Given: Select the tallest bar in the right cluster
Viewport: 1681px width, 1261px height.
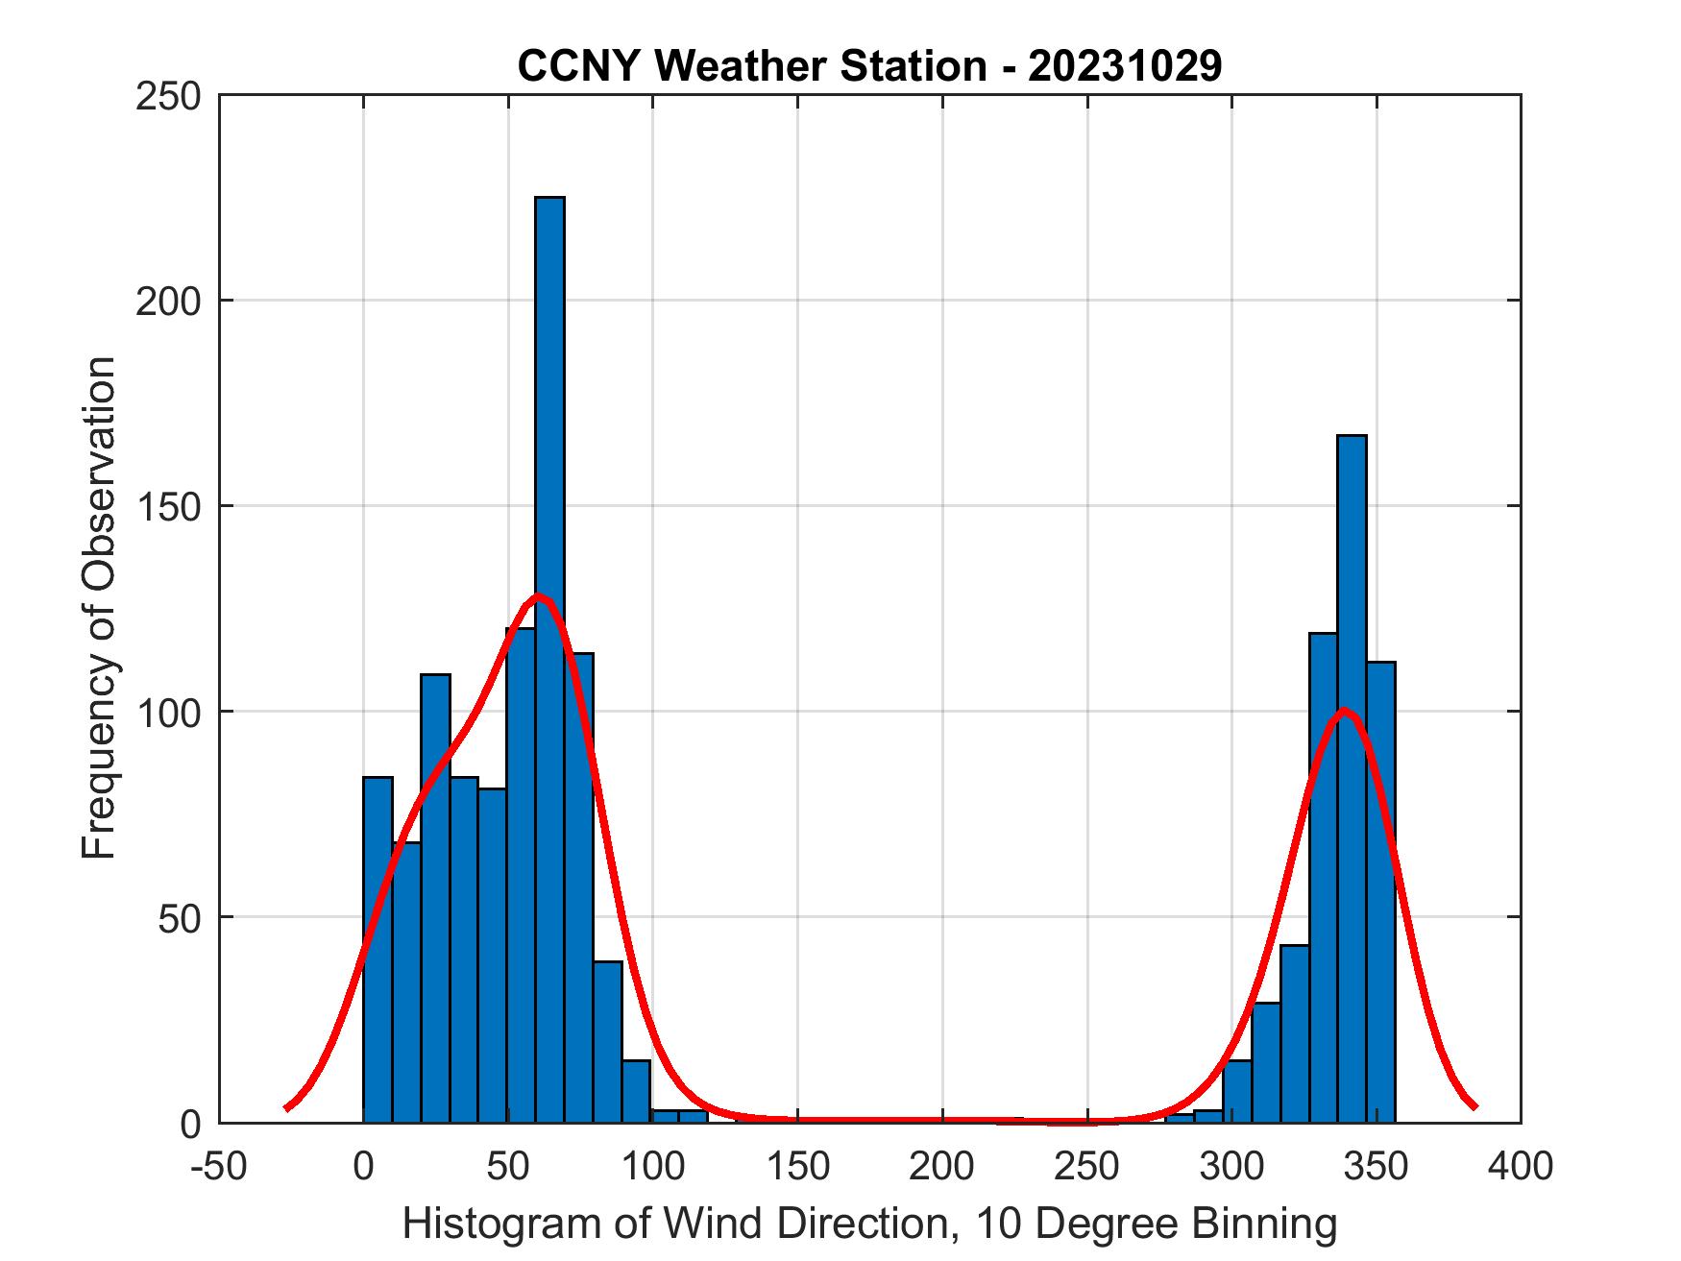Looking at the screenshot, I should [1352, 778].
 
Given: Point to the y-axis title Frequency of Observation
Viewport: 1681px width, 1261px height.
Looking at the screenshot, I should [99, 608].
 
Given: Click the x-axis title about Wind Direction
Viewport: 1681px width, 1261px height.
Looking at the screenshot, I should [868, 1224].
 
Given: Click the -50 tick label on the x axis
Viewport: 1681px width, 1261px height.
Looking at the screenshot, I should [220, 1166].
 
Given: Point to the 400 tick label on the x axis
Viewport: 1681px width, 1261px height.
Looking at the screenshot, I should [1521, 1166].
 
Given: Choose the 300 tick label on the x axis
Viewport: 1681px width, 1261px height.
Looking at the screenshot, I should [1231, 1166].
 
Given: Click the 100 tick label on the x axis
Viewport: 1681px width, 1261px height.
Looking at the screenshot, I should [652, 1166].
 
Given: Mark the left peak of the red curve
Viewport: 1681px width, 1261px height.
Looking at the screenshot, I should [539, 597].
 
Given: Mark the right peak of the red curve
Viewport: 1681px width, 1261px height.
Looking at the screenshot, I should [1345, 711].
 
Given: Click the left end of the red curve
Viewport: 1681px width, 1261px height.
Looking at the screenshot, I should [286, 1107].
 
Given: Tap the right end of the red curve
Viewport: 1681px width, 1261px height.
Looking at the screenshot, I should [1474, 1106].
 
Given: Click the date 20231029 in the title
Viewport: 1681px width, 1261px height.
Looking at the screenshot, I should [1125, 66].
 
